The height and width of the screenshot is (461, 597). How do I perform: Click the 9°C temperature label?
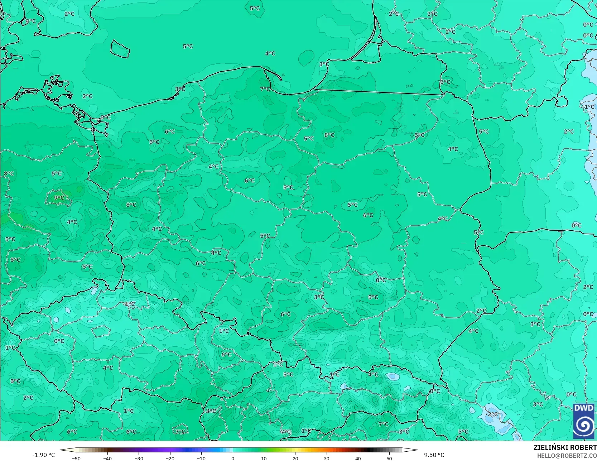(59, 198)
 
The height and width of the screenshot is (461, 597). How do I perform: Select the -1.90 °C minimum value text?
(44, 455)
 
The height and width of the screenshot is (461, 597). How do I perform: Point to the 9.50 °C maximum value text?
(434, 455)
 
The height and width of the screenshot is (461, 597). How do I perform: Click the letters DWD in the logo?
(583, 408)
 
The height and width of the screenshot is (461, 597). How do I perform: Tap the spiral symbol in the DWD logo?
(584, 425)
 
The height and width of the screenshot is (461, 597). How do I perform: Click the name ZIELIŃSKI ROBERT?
(565, 448)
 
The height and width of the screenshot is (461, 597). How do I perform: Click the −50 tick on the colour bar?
(76, 458)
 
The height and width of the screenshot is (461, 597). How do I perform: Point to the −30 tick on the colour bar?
(139, 458)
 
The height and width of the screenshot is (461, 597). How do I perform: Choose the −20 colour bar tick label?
(170, 458)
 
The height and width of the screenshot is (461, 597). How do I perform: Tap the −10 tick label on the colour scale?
(201, 458)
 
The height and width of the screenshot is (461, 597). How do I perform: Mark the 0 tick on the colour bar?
(233, 458)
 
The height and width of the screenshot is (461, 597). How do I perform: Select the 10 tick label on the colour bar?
(264, 458)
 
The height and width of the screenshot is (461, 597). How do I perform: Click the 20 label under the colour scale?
(295, 458)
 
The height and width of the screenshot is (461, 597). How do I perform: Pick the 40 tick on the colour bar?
(358, 458)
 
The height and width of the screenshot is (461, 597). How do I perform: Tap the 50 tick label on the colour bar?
(389, 458)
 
